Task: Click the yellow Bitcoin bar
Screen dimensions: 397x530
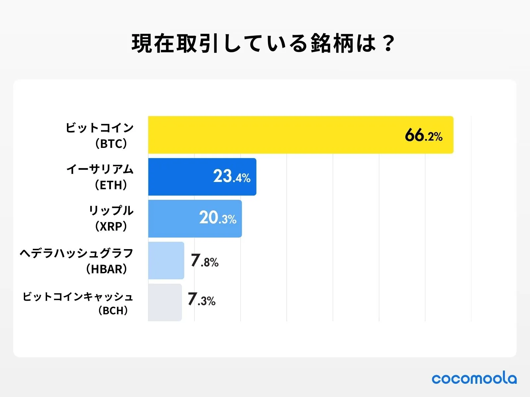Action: [272, 135]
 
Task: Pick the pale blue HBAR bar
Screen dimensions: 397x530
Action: [166, 260]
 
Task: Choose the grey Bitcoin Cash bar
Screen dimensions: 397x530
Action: [165, 302]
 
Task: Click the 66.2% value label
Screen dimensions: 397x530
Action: [423, 136]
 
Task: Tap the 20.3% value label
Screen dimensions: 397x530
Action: [218, 218]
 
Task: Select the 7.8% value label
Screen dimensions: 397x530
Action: [204, 261]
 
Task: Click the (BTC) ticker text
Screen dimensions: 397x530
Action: [111, 144]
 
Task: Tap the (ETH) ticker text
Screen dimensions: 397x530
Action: [111, 185]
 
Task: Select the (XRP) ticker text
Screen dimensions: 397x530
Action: [111, 226]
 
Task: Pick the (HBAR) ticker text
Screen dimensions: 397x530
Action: [106, 269]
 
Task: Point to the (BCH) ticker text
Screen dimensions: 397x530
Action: [113, 311]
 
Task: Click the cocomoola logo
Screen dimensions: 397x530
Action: [474, 378]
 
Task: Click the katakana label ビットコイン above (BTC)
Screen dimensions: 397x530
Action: [99, 128]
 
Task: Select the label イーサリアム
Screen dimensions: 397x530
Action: [100, 169]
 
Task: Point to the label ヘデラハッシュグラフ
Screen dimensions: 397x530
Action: [77, 253]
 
